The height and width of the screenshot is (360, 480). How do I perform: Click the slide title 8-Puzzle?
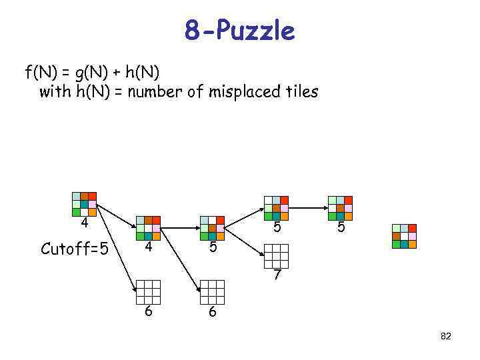pos(239,31)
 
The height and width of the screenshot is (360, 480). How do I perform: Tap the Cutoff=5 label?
pos(74,249)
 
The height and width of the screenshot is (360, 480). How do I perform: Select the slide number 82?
pos(446,337)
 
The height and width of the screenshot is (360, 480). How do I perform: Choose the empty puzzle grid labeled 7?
pos(276,256)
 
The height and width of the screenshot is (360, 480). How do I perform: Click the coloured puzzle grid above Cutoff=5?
pos(84,205)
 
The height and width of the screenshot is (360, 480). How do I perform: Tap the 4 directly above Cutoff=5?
pos(84,223)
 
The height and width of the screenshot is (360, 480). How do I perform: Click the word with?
pos(54,91)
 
